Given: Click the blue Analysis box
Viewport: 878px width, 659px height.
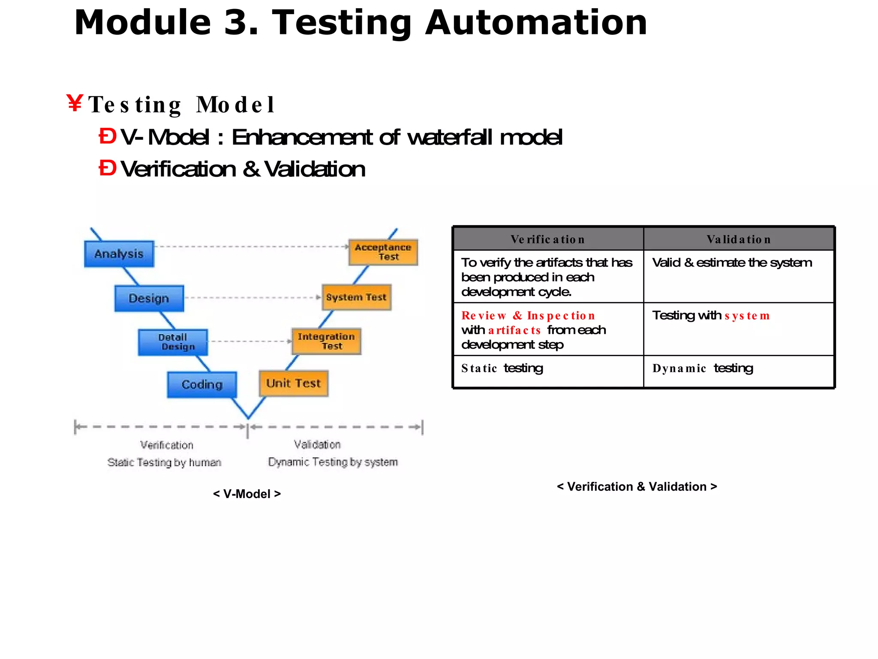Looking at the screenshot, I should pyautogui.click(x=119, y=254).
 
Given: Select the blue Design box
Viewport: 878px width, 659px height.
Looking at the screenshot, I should pyautogui.click(x=149, y=298).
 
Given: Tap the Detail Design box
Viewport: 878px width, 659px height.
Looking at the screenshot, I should pyautogui.click(x=173, y=342).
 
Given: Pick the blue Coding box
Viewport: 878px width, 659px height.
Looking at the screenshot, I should pyautogui.click(x=201, y=384).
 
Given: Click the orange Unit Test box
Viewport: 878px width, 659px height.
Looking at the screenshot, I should pyautogui.click(x=294, y=383).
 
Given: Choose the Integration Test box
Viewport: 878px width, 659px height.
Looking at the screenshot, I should pyautogui.click(x=326, y=342).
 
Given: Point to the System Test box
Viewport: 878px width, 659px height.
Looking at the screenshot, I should pyautogui.click(x=356, y=297).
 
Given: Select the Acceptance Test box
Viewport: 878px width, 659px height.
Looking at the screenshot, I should pyautogui.click(x=383, y=252).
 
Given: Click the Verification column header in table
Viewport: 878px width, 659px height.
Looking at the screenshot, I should pyautogui.click(x=548, y=239).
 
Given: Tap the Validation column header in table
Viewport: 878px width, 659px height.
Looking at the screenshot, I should pyautogui.click(x=739, y=239).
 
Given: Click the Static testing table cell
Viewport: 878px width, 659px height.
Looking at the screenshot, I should pyautogui.click(x=502, y=368).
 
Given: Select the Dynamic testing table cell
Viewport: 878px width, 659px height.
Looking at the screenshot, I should pyautogui.click(x=703, y=368).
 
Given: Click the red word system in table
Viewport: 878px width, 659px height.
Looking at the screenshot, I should pyautogui.click(x=747, y=316).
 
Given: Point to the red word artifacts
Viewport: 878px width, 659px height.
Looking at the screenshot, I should pyautogui.click(x=514, y=330).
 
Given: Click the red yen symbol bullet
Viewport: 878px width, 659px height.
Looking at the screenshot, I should pyautogui.click(x=75, y=103).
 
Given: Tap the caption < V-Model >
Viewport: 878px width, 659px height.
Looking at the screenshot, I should pyautogui.click(x=247, y=494).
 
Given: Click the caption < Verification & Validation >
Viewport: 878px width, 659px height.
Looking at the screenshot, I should pyautogui.click(x=637, y=487).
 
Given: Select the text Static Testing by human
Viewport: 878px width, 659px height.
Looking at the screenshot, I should pyautogui.click(x=164, y=463).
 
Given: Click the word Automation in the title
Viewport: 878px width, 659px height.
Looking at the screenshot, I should pyautogui.click(x=536, y=23).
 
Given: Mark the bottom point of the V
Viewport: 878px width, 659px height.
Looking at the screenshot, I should pyautogui.click(x=248, y=418).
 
